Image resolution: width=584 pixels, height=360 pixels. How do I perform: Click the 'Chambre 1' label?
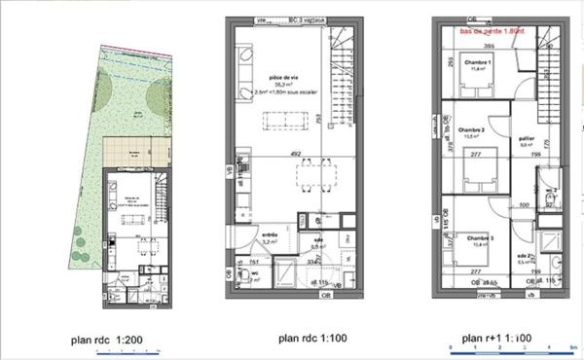point(476,63)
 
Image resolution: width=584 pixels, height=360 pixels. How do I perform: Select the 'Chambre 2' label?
point(471,129)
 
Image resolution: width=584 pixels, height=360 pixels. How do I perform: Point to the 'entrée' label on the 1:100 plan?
point(272,234)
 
